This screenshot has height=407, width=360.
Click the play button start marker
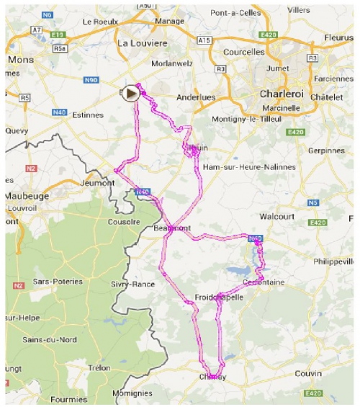130,92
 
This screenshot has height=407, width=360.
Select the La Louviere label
141,44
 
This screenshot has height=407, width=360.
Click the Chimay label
212,377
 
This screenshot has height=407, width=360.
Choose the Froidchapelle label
219,298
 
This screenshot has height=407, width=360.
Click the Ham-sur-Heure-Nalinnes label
249,166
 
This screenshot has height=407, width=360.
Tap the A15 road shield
205,40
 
